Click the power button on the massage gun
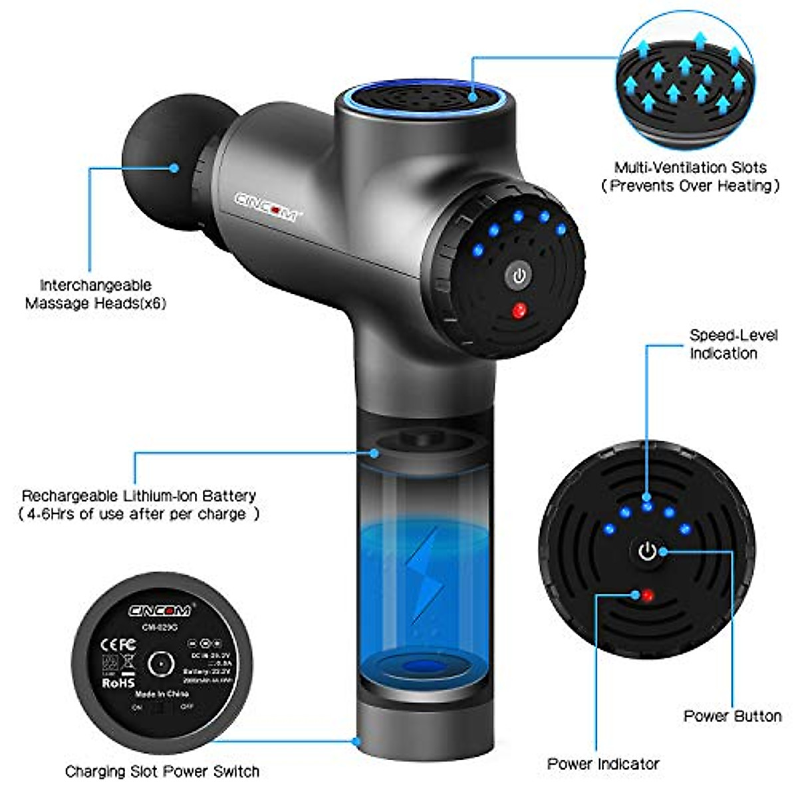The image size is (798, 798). [x=519, y=275]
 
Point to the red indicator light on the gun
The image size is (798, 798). [x=519, y=310]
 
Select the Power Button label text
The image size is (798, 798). [x=732, y=716]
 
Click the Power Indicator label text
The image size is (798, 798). [x=603, y=763]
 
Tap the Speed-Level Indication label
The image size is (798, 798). [x=732, y=344]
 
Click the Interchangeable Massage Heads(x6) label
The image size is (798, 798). [x=96, y=295]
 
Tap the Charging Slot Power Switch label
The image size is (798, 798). [x=162, y=772]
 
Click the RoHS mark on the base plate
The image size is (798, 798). [x=118, y=682]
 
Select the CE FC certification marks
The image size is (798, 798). [x=117, y=644]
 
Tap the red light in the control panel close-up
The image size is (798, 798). [x=646, y=595]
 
